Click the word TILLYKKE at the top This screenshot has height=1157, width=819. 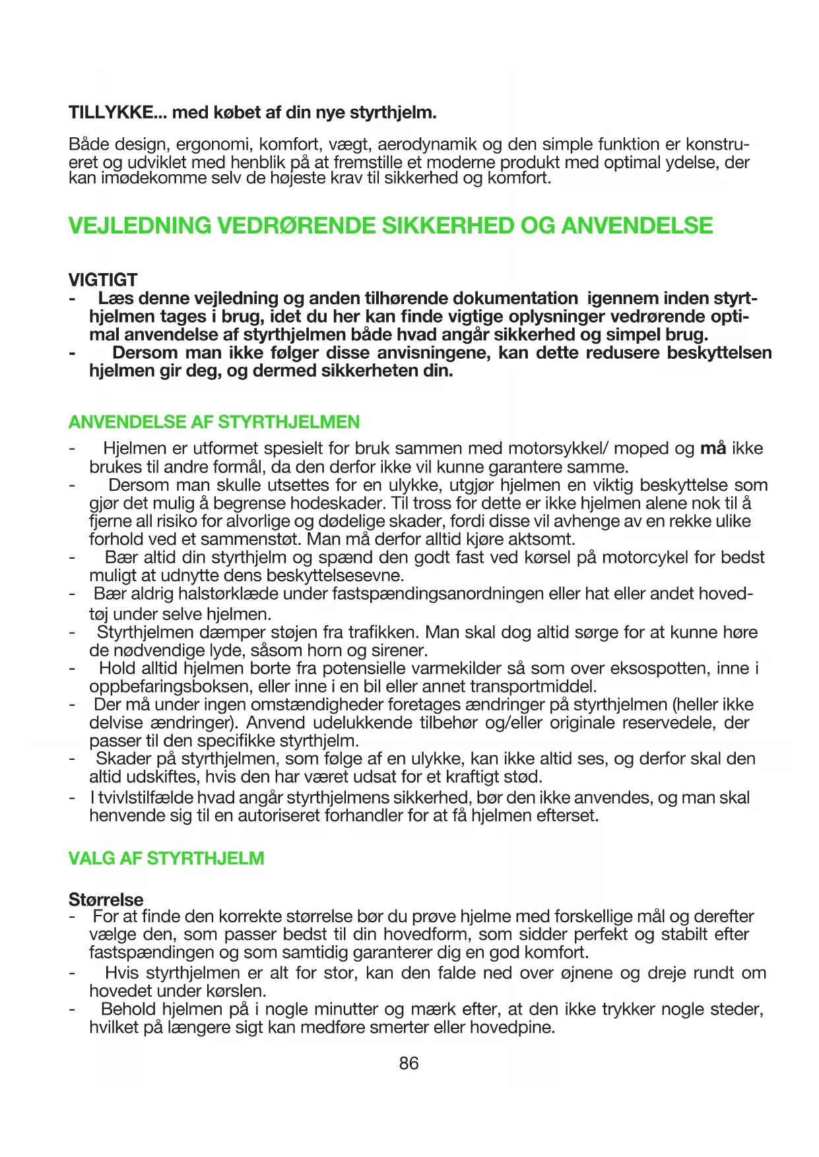click(x=109, y=113)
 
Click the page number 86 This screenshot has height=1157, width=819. click(x=409, y=1063)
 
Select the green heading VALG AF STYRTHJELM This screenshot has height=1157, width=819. click(x=166, y=858)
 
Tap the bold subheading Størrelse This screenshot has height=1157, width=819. click(x=106, y=899)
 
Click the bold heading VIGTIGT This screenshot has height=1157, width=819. click(x=103, y=280)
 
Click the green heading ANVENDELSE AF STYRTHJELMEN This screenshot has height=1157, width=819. click(x=214, y=422)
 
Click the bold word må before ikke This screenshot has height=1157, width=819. click(x=713, y=449)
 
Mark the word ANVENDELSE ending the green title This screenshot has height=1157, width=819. click(x=637, y=226)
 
